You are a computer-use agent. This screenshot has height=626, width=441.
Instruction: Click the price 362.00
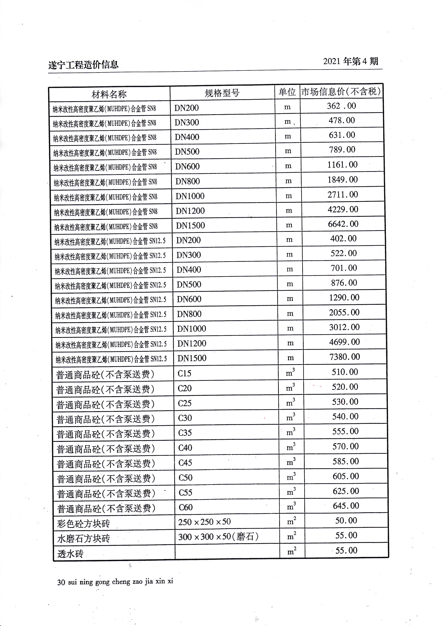341,106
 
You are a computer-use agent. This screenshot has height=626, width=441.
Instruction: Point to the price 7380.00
344,357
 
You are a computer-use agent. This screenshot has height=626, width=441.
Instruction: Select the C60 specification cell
186,507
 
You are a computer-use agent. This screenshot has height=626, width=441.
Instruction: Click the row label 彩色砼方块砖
83,524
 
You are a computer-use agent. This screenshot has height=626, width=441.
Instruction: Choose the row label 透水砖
70,554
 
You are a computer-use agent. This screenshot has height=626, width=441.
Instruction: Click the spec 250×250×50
204,522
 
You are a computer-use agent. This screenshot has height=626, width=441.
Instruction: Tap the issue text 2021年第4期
351,61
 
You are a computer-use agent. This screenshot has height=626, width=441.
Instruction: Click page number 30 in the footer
61,582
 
